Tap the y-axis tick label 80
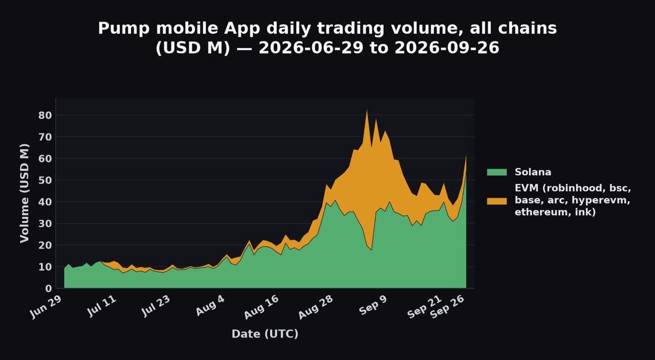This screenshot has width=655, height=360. pyautogui.click(x=45, y=116)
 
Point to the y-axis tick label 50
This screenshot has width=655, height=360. pyautogui.click(x=45, y=181)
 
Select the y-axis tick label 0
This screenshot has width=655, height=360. pyautogui.click(x=49, y=289)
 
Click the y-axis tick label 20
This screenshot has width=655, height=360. pyautogui.click(x=45, y=245)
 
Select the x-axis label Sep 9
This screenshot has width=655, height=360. pyautogui.click(x=373, y=305)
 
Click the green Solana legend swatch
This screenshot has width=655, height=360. pyautogui.click(x=497, y=172)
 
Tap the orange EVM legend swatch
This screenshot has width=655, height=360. pyautogui.click(x=497, y=201)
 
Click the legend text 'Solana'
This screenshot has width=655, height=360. pyautogui.click(x=533, y=172)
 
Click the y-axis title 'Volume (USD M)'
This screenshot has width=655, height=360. pyautogui.click(x=25, y=193)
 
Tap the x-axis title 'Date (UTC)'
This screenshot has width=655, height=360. pyautogui.click(x=265, y=334)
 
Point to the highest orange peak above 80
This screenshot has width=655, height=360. pyautogui.click(x=367, y=110)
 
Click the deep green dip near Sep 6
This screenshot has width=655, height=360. pyautogui.click(x=371, y=250)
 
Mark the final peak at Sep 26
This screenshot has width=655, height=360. pyautogui.click(x=466, y=155)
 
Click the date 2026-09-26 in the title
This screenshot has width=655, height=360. pyautogui.click(x=447, y=47)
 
